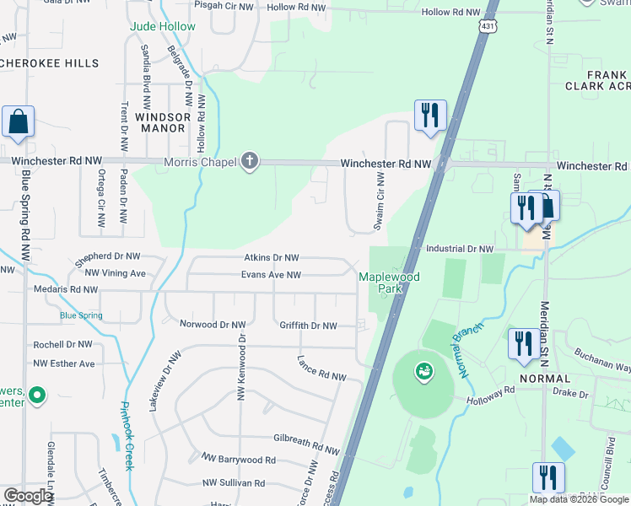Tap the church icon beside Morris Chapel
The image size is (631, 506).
click(248, 160)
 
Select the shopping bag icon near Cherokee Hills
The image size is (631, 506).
click(18, 122)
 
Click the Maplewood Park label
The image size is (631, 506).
click(389, 283)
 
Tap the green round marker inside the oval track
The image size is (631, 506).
click(423, 370)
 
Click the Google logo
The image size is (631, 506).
click(29, 496)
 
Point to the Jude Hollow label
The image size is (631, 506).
click(162, 27)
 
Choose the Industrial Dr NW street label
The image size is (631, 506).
click(459, 249)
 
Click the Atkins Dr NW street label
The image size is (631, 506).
click(272, 258)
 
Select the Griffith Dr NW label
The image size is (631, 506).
click(308, 326)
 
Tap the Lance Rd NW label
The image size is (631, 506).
click(321, 369)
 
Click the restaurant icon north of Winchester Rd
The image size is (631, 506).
click(430, 116)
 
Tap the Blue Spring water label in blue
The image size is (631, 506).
click(81, 315)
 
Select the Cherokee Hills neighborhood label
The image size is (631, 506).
click(55, 63)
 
